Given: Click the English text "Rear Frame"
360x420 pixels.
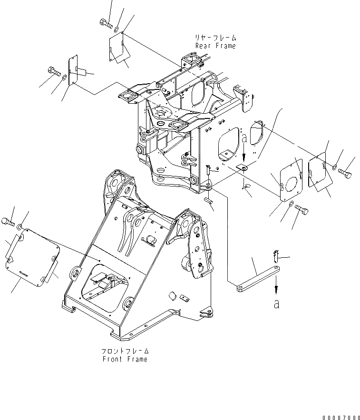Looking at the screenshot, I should click(x=215, y=46).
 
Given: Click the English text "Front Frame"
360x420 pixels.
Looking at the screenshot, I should click(x=125, y=359).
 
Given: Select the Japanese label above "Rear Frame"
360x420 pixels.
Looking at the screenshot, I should click(x=215, y=38).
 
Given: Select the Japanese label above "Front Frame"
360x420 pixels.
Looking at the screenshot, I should click(x=125, y=351).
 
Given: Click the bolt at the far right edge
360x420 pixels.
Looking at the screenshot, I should click(x=346, y=174).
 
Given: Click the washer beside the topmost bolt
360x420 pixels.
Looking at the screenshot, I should click(x=117, y=23).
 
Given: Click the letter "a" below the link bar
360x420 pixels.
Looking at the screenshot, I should click(x=276, y=304).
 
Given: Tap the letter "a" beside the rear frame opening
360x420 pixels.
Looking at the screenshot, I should click(x=244, y=139).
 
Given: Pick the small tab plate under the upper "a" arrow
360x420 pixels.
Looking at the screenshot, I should click(x=243, y=167).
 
